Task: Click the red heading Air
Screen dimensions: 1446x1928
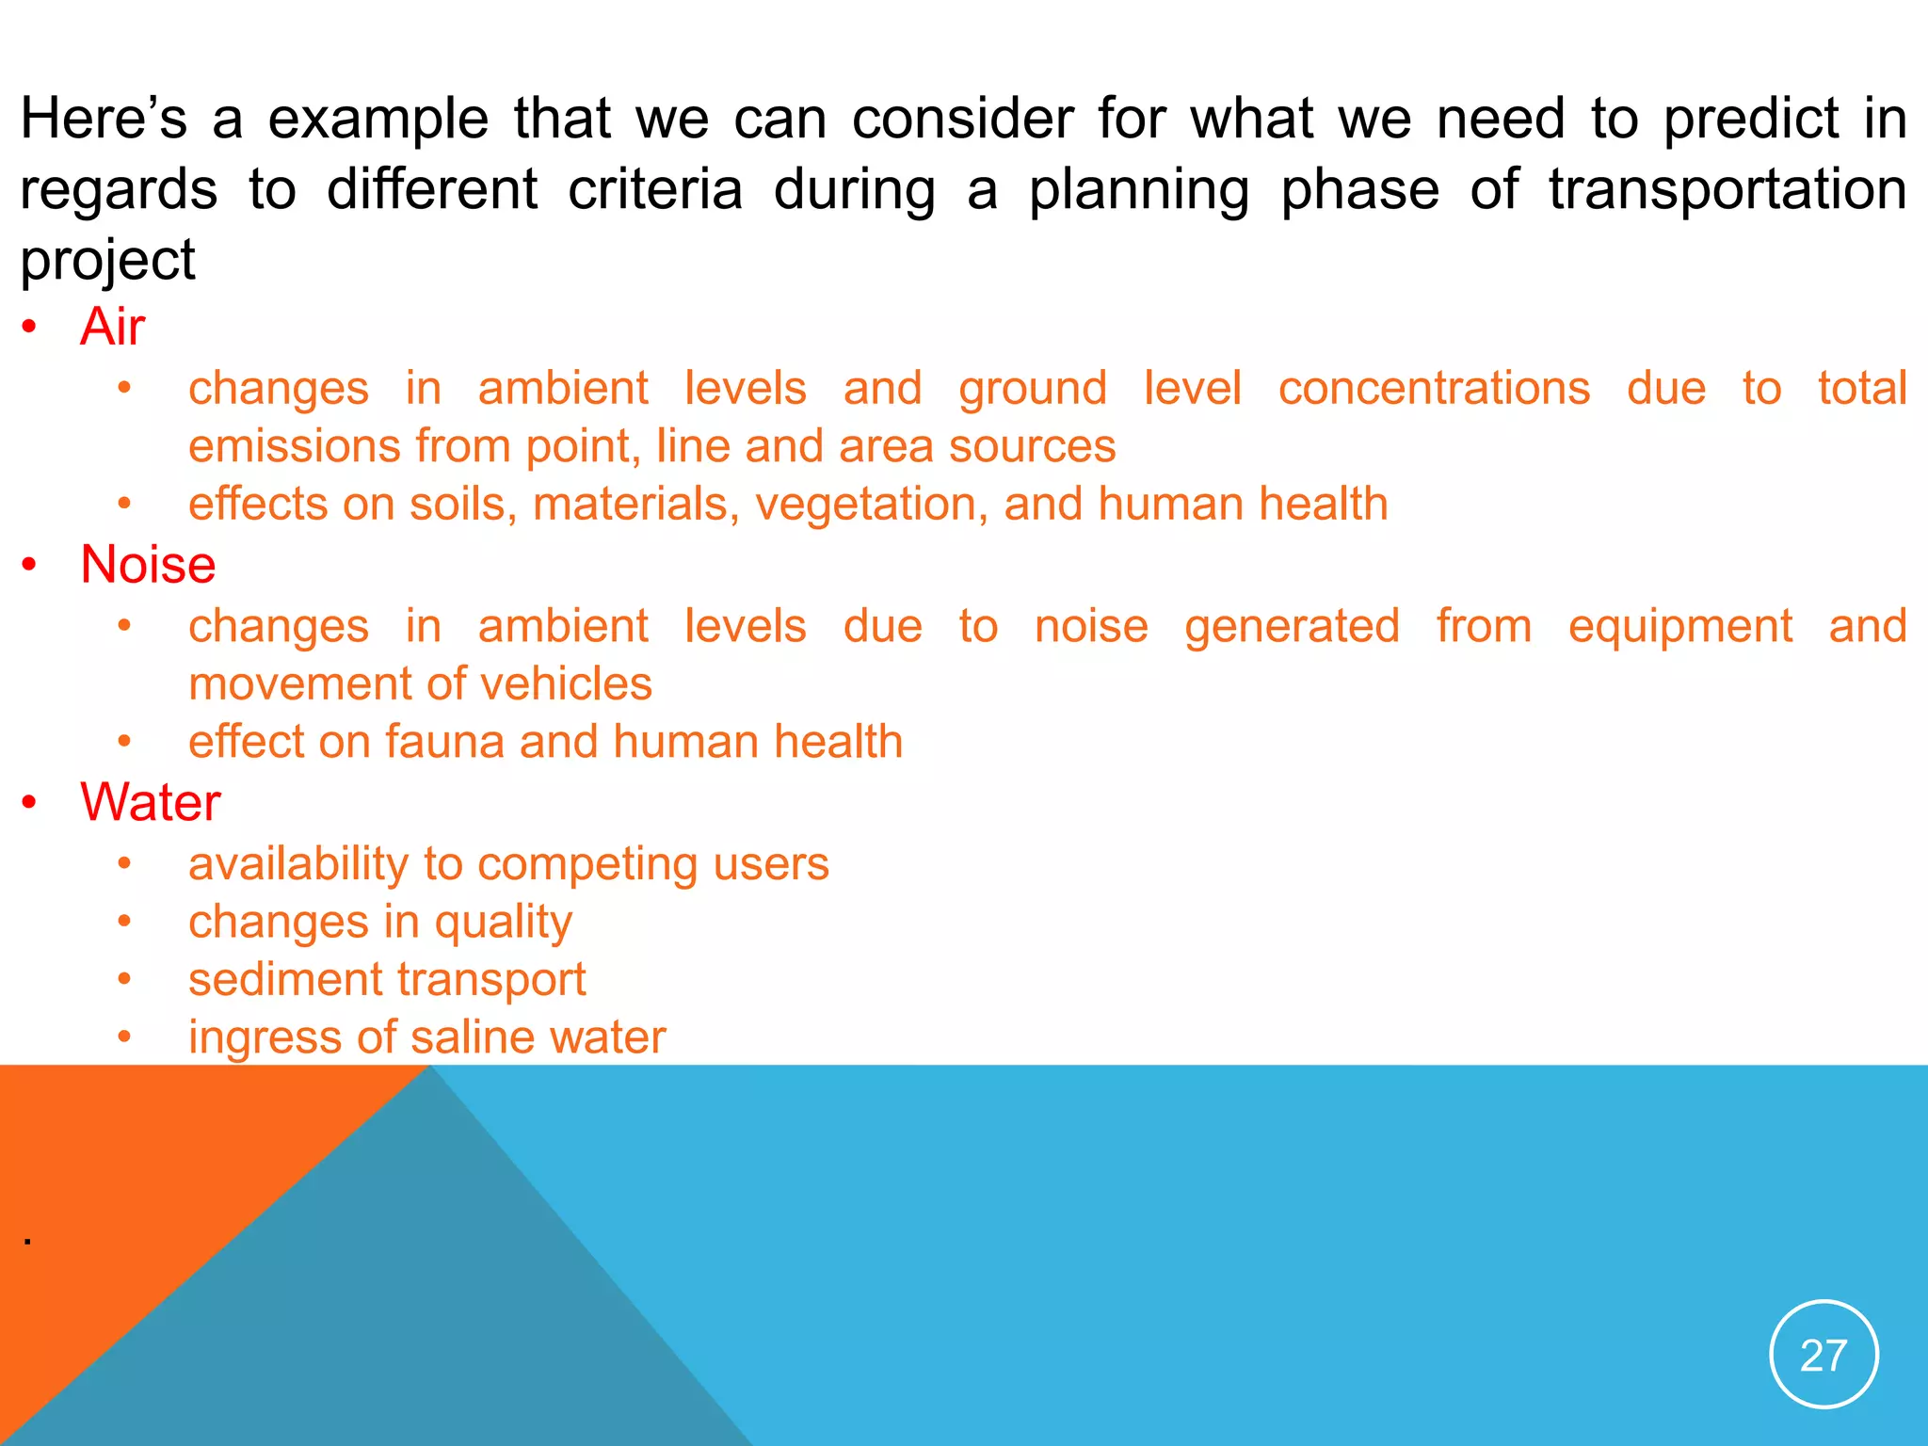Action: pyautogui.click(x=112, y=328)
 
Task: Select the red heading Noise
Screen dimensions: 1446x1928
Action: pyautogui.click(x=148, y=565)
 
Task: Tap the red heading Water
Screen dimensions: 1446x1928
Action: pyautogui.click(x=151, y=803)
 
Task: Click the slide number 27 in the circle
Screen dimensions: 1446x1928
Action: pyautogui.click(x=1824, y=1356)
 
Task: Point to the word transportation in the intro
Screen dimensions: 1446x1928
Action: pyautogui.click(x=1727, y=189)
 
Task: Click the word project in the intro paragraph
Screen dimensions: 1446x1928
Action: pyautogui.click(x=107, y=260)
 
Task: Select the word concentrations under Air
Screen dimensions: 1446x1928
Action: pyautogui.click(x=1434, y=389)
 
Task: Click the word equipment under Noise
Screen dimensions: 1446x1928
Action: pyautogui.click(x=1680, y=627)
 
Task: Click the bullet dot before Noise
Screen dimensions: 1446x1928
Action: pyautogui.click(x=30, y=565)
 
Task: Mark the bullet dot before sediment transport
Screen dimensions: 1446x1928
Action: pyautogui.click(x=124, y=980)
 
